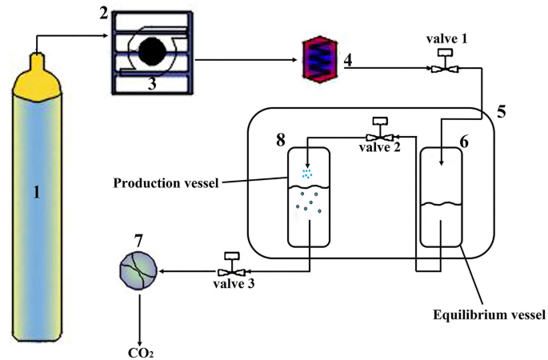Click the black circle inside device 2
point(154,52)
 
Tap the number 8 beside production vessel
point(281,139)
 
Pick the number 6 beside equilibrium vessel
point(464,138)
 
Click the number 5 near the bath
point(501,113)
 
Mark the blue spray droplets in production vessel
point(307,173)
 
